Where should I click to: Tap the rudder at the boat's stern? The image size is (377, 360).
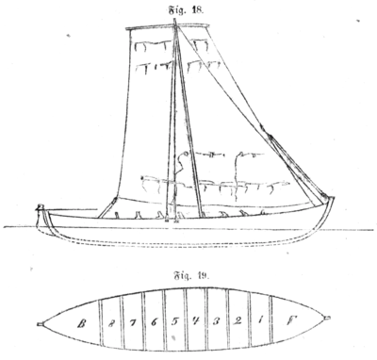click(39, 218)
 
